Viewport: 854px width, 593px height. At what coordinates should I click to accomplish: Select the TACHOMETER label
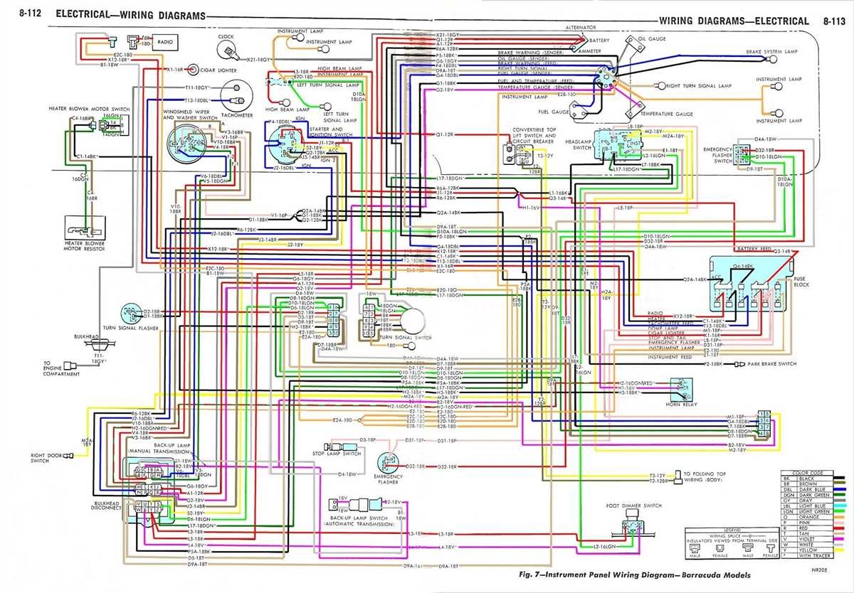coord(237,115)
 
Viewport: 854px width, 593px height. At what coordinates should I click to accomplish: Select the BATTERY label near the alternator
coord(599,41)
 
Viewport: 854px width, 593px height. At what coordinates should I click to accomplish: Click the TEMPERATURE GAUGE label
coord(666,114)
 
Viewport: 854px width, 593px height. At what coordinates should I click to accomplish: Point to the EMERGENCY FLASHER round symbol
coord(388,462)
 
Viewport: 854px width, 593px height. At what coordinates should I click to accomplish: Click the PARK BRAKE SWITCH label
coord(771,363)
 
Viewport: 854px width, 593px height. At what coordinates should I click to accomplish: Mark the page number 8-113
coord(833,21)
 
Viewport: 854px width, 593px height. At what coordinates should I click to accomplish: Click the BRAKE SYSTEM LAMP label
coord(771,52)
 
